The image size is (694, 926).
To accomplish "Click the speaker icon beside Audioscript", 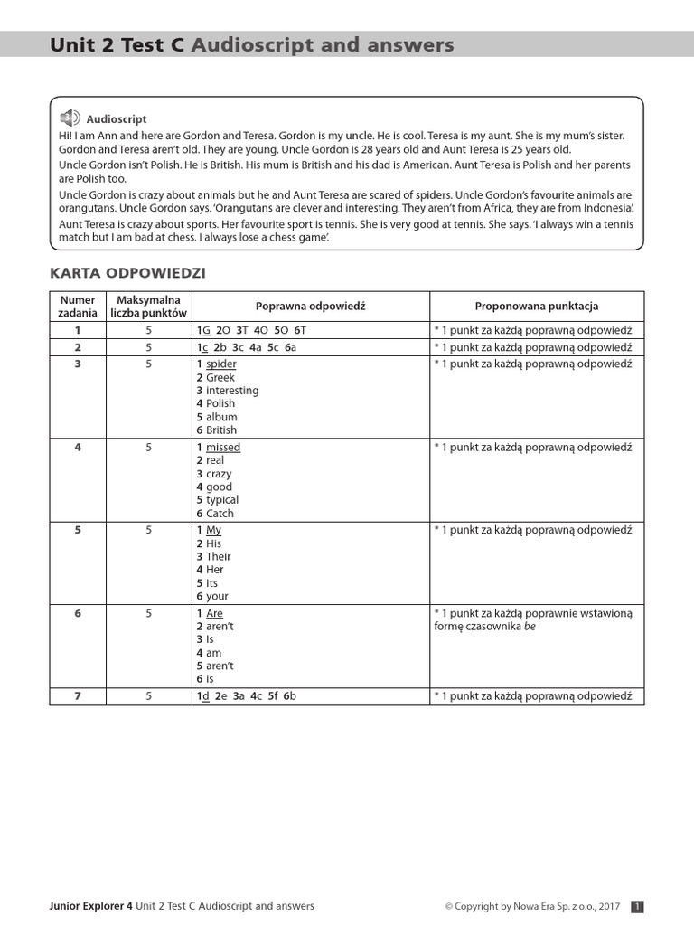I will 70,118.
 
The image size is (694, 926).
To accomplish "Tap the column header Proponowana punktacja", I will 537,307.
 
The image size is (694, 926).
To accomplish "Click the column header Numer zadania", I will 78,307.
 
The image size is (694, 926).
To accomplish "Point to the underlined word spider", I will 220,364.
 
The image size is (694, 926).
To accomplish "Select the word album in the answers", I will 221,417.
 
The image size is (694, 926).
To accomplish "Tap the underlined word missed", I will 223,448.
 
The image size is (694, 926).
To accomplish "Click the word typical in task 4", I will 222,500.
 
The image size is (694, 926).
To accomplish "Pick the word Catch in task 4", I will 220,514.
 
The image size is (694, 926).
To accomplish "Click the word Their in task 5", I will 219,557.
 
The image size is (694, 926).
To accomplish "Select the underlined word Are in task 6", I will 214,614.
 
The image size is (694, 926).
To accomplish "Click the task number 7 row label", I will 78,696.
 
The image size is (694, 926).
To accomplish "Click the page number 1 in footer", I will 636,906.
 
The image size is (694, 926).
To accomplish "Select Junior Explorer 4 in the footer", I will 90,906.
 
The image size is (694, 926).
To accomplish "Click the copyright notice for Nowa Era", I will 532,906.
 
